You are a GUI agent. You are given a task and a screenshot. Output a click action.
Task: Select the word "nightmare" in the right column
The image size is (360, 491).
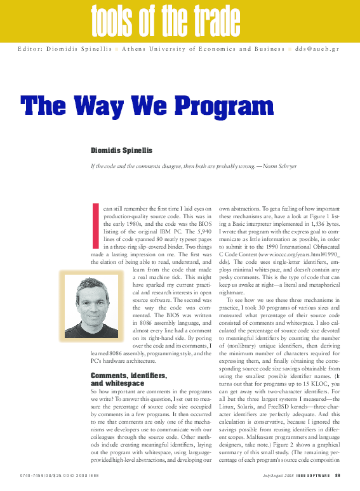click(x=232, y=292)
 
